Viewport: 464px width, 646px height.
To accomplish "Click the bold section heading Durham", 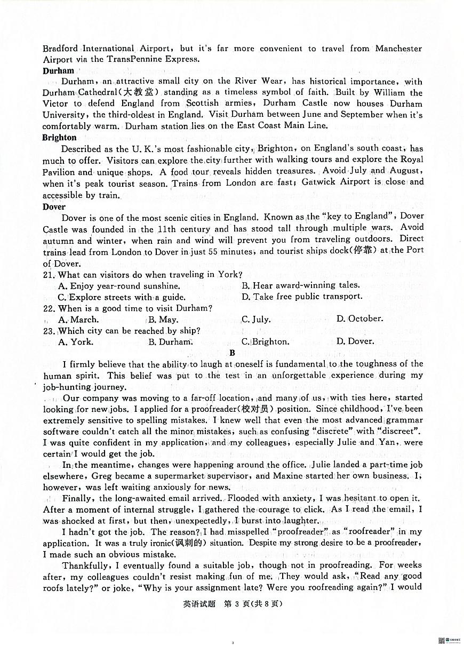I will pos(58,70).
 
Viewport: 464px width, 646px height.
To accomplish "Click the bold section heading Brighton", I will pos(60,138).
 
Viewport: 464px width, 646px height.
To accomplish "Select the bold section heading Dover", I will pos(54,206).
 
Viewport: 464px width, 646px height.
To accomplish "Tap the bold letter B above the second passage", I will pos(232,353).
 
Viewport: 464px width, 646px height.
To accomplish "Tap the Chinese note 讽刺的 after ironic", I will pos(191,543).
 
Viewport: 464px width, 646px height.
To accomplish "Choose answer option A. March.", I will pos(78,320).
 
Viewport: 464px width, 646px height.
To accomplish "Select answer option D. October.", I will pos(359,318).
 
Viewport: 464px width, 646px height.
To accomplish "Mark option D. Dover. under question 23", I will pos(354,341).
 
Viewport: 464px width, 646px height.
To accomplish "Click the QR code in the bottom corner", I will pos(442,640).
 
